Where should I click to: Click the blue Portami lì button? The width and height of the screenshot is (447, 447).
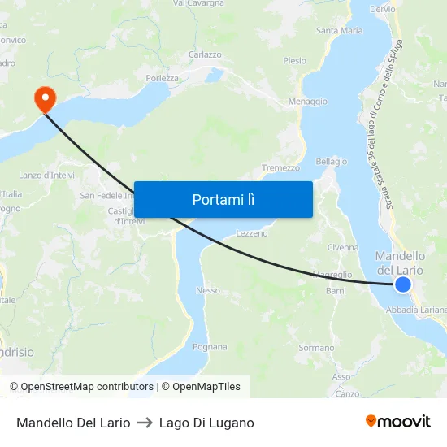coord(223,199)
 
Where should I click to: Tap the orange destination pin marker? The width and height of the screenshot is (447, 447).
coord(43,99)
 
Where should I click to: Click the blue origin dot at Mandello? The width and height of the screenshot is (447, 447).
coord(403,284)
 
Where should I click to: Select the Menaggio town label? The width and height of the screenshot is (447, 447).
coord(308,102)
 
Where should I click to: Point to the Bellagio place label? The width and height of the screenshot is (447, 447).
coord(331,162)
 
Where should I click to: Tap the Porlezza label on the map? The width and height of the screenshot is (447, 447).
coord(163,78)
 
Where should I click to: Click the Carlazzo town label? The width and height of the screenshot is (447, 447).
coord(205,54)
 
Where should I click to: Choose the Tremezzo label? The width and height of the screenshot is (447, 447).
coord(280,168)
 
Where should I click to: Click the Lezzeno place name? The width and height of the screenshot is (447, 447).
coord(251,233)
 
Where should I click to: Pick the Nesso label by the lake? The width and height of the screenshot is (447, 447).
coord(208,290)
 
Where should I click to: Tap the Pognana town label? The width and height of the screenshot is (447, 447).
coord(210,347)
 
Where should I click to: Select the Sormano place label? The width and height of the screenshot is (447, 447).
coord(316,348)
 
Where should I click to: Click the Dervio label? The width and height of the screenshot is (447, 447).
coord(382,9)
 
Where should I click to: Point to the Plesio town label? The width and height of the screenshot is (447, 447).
coord(294,61)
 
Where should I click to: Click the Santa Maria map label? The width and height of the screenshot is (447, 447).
coord(339,31)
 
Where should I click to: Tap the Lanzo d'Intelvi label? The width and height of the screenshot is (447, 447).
coord(47,176)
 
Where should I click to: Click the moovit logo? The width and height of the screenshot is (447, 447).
coord(397,421)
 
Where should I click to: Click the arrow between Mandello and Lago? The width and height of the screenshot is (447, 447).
coord(145,423)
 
